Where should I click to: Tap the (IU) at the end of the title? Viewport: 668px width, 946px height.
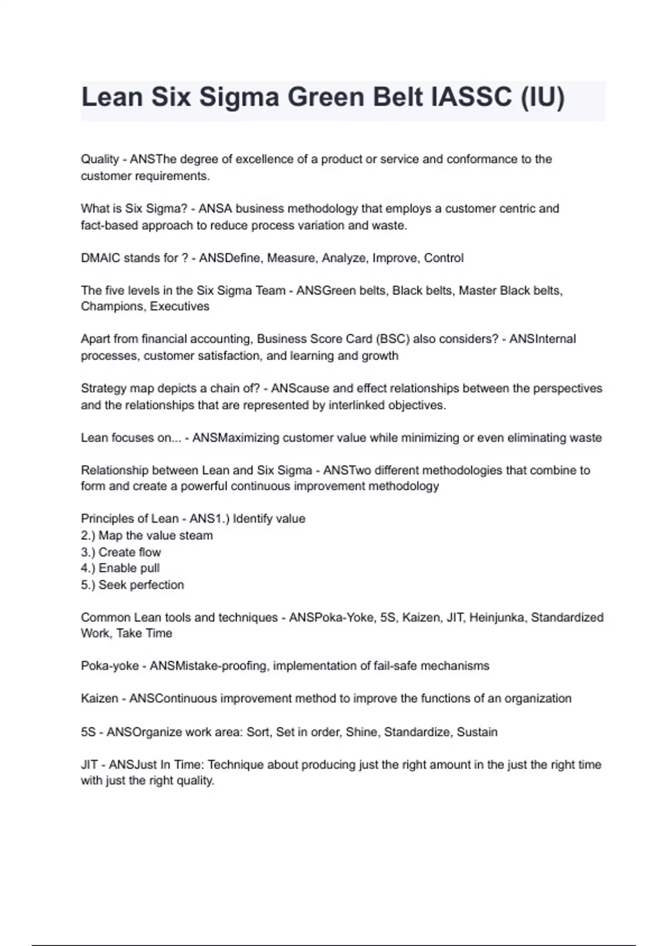(x=542, y=97)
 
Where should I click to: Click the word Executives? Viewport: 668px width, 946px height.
(x=180, y=307)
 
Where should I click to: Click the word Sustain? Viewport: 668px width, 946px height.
(x=477, y=732)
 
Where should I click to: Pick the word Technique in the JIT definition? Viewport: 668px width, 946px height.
(x=235, y=765)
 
